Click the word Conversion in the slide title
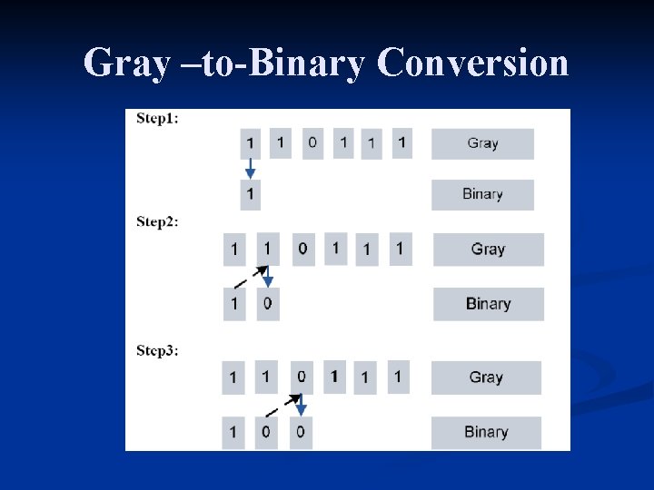click(472, 64)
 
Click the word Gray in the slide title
click(125, 64)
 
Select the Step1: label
click(157, 118)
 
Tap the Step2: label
click(157, 221)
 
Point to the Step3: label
click(157, 350)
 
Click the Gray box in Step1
click(482, 143)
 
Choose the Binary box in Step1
click(482, 194)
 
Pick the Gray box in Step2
click(488, 250)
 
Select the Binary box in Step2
click(488, 304)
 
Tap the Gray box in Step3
click(486, 377)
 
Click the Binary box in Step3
click(486, 432)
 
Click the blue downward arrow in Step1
click(250, 169)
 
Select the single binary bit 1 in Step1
click(250, 194)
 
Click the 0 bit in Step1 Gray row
click(312, 142)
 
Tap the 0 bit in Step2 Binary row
click(267, 304)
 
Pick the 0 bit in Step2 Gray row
click(302, 249)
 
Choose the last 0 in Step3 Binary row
click(301, 432)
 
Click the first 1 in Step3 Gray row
click(233, 377)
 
